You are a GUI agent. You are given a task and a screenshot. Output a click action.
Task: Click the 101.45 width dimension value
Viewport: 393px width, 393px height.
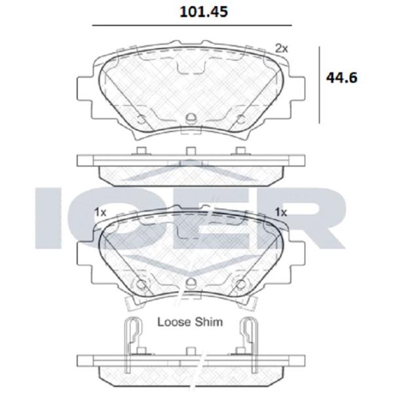click(x=204, y=12)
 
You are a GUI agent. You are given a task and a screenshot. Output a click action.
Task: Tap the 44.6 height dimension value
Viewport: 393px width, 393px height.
click(x=342, y=78)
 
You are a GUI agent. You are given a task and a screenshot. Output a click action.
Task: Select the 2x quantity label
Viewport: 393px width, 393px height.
click(x=282, y=48)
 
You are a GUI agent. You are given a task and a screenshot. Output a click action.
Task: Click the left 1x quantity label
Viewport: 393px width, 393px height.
click(x=100, y=212)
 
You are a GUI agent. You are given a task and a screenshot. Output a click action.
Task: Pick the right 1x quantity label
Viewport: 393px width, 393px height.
click(x=281, y=212)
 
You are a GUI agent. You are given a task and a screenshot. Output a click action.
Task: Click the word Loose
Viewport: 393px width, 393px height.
click(x=175, y=322)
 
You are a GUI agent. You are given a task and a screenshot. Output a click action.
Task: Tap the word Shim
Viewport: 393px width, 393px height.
click(x=209, y=322)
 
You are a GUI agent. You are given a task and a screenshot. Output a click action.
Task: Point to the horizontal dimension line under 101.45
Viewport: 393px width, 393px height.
click(x=192, y=26)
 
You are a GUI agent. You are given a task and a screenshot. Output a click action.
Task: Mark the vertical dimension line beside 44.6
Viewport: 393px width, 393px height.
click(x=320, y=84)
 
